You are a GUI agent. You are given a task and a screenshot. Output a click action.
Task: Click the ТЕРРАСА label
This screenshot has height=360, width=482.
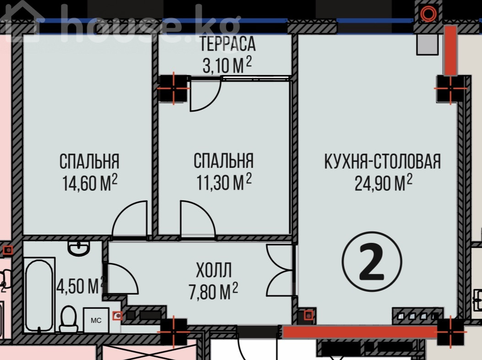tap(227, 43)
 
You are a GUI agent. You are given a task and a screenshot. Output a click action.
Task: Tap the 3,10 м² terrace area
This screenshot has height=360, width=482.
tap(227, 65)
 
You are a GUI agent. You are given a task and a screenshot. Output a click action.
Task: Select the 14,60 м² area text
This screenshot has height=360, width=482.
tap(90, 183)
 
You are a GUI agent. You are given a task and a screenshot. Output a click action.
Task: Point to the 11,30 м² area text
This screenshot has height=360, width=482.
tap(224, 182)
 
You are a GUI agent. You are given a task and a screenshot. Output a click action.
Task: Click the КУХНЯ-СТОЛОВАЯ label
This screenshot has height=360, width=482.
tap(383, 161)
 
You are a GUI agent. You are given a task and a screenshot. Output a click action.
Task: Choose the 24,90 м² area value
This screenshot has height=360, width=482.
tap(383, 183)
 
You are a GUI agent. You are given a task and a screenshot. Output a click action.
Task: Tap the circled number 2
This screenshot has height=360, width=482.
tap(372, 261)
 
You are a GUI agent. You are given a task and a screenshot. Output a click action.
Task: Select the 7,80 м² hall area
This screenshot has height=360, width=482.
tap(213, 291)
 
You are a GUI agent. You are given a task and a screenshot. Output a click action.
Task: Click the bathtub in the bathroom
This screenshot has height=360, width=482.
tap(39, 296)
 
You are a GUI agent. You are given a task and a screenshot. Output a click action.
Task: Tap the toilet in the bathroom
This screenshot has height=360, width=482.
tap(69, 319)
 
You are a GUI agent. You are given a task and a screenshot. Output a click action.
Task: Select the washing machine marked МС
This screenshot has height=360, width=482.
tap(96, 320)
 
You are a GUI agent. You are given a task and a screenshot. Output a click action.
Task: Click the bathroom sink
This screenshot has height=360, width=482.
tap(79, 248)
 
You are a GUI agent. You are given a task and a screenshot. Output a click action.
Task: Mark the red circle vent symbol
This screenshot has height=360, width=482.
tap(428, 13)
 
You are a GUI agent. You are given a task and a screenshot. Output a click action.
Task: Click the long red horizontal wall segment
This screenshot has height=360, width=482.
tap(360, 332)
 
